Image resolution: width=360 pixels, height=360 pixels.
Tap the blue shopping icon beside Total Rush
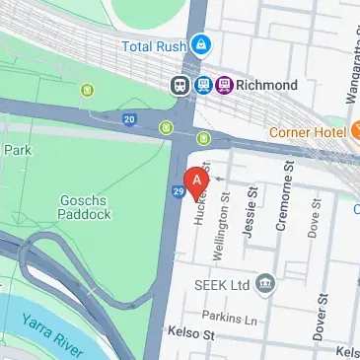pyautogui.click(x=201, y=44)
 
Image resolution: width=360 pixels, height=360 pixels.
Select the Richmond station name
pyautogui.click(x=267, y=86)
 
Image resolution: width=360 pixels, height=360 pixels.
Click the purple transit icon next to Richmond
pyautogui.click(x=226, y=86)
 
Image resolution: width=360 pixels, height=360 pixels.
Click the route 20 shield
pyautogui.click(x=129, y=119)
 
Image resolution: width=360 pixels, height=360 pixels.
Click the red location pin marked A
pyautogui.click(x=197, y=181)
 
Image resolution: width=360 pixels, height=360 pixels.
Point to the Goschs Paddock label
pyautogui.click(x=86, y=205)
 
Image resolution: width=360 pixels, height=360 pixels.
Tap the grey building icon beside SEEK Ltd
pyautogui.click(x=263, y=285)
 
